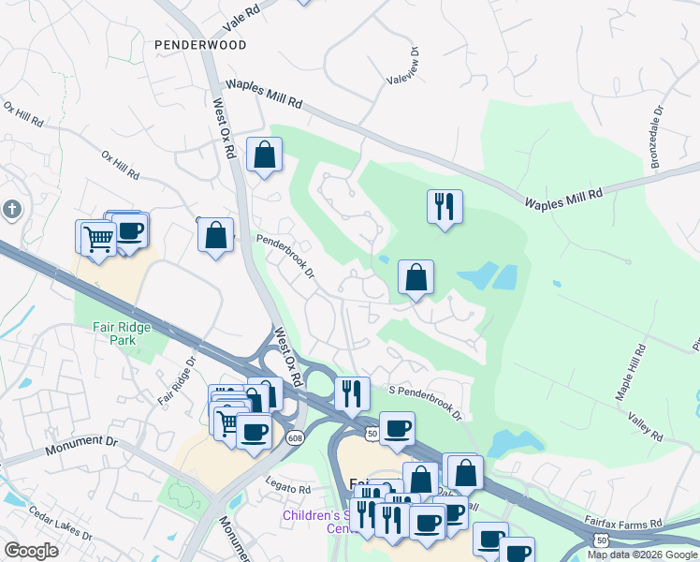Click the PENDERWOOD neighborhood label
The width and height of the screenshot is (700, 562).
point(199,45)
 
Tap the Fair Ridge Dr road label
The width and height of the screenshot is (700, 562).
point(178,381)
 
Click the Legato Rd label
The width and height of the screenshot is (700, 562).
point(286,489)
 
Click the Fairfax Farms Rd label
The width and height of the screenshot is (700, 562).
point(623,520)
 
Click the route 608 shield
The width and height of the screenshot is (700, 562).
point(295,438)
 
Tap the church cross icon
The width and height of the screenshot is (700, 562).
point(10,209)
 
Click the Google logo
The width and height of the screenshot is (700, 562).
point(31,551)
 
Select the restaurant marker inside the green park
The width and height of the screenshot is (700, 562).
point(444,205)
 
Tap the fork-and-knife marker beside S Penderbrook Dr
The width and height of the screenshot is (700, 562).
point(352,392)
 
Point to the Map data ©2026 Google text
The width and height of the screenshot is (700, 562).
point(642,555)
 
